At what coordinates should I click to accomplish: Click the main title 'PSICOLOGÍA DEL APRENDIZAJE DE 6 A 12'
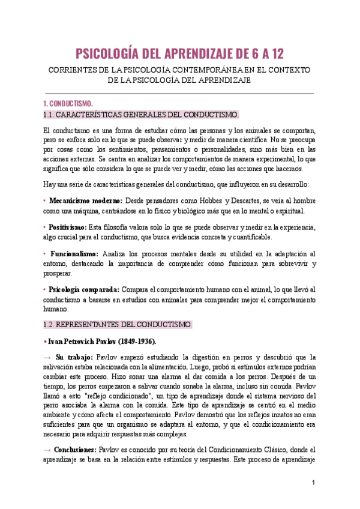pyautogui.click(x=179, y=54)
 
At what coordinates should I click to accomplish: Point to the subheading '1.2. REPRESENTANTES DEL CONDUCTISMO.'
pyautogui.click(x=118, y=325)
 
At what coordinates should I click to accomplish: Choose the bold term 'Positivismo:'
pyautogui.click(x=67, y=227)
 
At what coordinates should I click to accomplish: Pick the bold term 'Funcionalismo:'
pyautogui.click(x=74, y=254)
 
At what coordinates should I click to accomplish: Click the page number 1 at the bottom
pyautogui.click(x=313, y=483)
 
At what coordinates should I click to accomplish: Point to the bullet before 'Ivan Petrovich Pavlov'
pyautogui.click(x=46, y=342)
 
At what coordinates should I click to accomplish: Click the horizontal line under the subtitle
pyautogui.click(x=179, y=93)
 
